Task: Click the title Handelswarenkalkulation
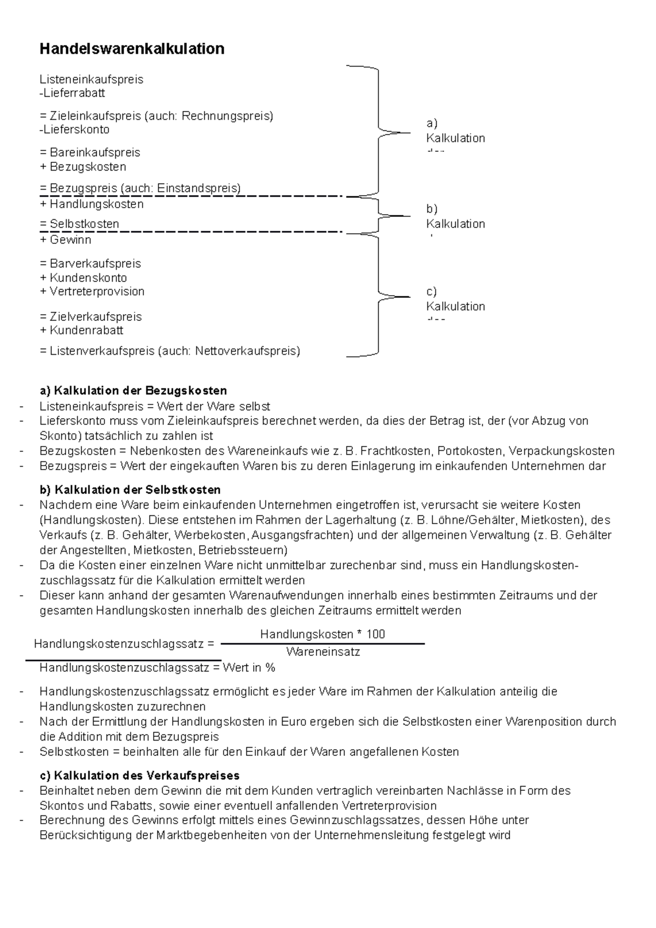pos(132,49)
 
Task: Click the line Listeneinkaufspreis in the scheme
pos(91,79)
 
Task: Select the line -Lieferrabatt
pos(72,93)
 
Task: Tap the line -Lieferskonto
pos(74,130)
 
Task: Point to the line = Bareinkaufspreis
pos(90,152)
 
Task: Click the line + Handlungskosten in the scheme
pos(91,204)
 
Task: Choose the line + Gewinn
pos(66,239)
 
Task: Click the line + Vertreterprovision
pos(92,291)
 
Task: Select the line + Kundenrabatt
pos(81,330)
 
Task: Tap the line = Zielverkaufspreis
pos(90,316)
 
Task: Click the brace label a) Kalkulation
pos(455,131)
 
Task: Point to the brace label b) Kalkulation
pos(455,217)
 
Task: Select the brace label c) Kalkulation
pos(455,299)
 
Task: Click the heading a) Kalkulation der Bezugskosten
pos(133,391)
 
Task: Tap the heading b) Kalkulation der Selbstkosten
pos(130,490)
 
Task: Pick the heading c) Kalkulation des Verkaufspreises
pos(139,776)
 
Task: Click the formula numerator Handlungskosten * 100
pos(323,634)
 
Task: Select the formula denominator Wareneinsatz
pos(323,652)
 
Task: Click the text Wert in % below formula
pos(249,668)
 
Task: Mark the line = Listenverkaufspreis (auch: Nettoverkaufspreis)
pos(170,351)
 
